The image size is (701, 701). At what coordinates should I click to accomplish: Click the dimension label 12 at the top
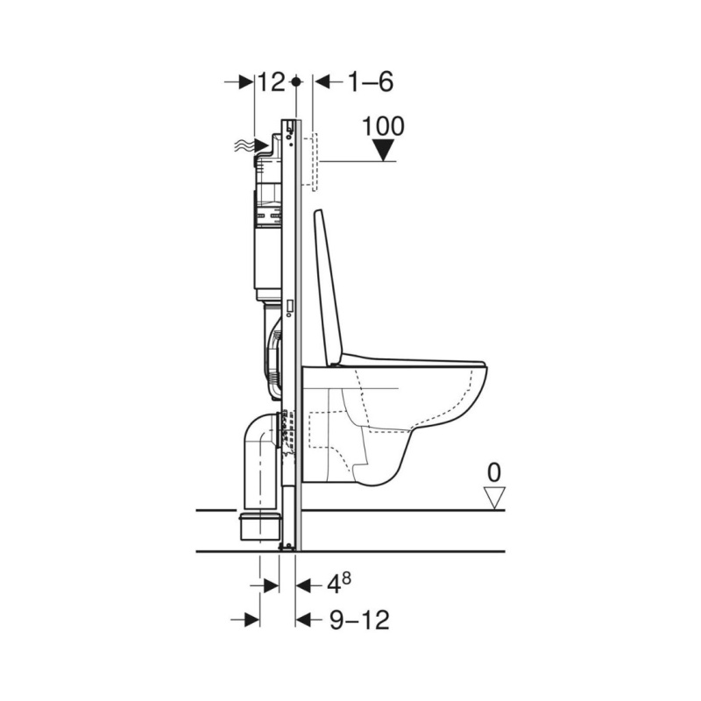click(x=272, y=82)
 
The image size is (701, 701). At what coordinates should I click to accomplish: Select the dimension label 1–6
click(x=371, y=82)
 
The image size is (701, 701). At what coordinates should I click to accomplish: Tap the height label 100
click(x=383, y=126)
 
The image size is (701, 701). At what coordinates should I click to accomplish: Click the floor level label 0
click(x=494, y=473)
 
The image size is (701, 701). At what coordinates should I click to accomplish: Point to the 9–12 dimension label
click(x=359, y=620)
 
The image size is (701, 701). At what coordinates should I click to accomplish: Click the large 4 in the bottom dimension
click(x=334, y=584)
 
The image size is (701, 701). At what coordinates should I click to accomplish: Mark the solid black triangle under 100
click(x=384, y=150)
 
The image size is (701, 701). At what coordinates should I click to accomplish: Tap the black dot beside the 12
click(x=295, y=81)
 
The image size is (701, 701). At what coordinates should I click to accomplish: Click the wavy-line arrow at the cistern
click(x=251, y=145)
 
